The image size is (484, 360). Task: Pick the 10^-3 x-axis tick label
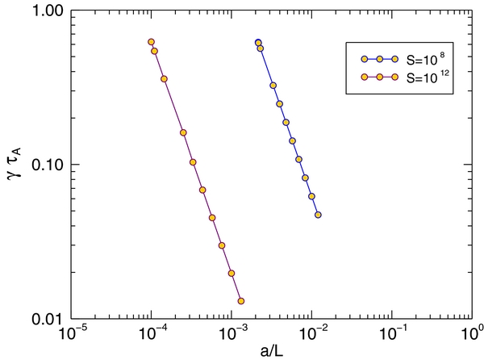[232, 333]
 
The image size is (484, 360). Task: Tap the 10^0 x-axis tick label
[470, 333]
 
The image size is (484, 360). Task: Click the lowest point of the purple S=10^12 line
[241, 301]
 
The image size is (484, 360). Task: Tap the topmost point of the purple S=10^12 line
[151, 42]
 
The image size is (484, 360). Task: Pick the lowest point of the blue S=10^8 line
[318, 215]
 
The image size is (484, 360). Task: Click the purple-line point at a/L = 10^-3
[232, 274]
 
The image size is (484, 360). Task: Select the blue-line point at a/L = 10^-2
[311, 196]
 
